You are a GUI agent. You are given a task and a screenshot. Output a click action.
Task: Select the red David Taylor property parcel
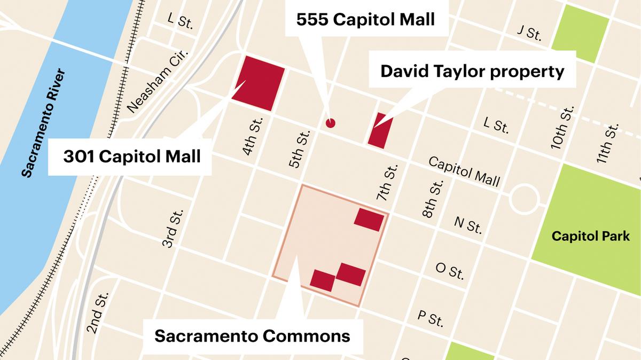tap(380, 130)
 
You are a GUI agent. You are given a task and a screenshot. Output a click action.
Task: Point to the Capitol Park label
tap(590, 236)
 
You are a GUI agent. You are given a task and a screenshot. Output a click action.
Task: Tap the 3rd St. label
tap(173, 228)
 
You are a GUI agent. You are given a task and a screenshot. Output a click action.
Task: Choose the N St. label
tap(468, 225)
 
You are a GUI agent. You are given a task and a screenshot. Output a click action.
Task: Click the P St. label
tap(430, 319)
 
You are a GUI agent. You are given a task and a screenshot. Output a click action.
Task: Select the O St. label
tap(449, 271)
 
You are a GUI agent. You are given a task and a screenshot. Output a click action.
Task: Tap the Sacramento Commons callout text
tap(252, 336)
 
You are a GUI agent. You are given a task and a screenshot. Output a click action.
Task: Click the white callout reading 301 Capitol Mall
tap(131, 156)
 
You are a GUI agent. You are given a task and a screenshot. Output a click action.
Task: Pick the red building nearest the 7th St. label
tap(369, 220)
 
